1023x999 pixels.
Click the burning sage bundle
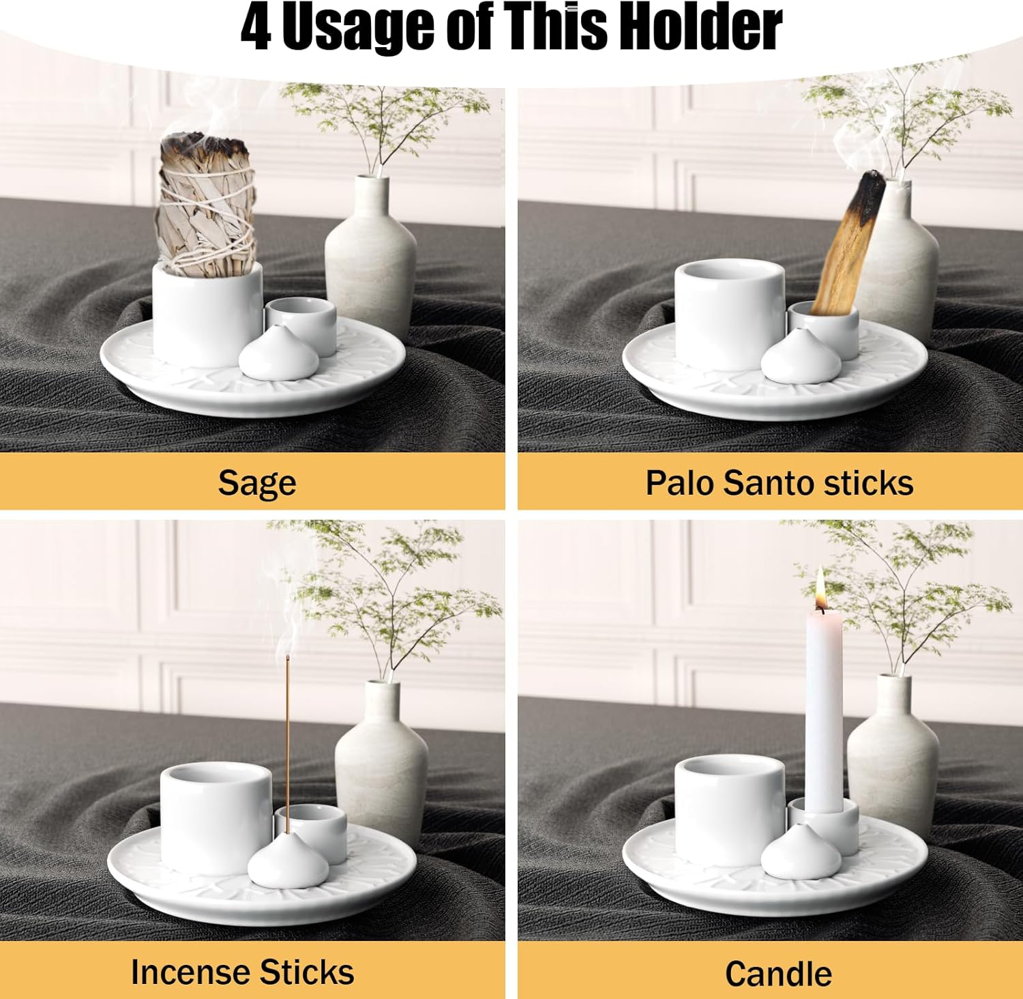tap(206, 205)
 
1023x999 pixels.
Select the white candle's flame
tap(821, 589)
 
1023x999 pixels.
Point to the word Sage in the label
tap(257, 483)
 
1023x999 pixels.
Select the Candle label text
tap(778, 974)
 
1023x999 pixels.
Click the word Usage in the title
tap(357, 29)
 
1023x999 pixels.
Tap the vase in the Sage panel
tap(370, 252)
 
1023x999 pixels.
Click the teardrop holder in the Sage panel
tap(279, 353)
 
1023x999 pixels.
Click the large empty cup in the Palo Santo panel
tap(729, 314)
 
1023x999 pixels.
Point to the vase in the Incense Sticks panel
tap(381, 757)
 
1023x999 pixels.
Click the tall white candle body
tap(823, 710)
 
